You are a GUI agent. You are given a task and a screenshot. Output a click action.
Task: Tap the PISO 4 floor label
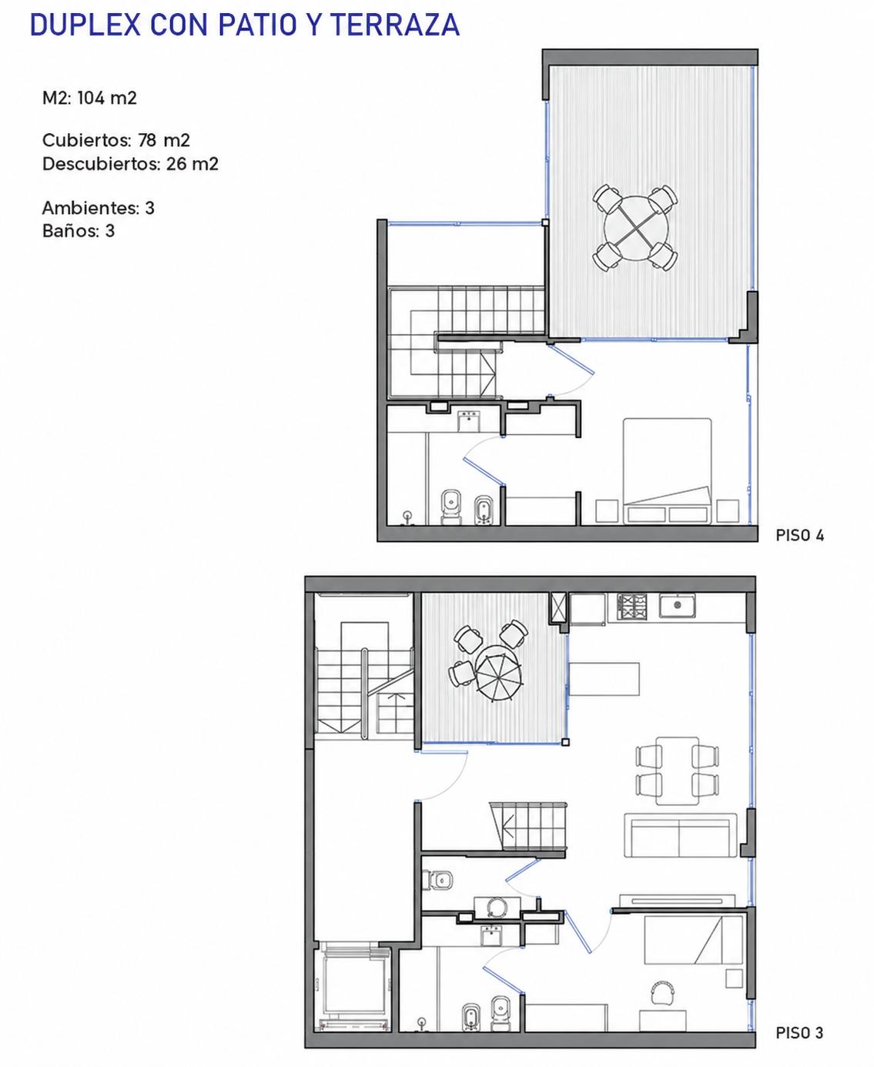[x=799, y=535]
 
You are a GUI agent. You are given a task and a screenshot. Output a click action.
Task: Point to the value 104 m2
[x=107, y=98]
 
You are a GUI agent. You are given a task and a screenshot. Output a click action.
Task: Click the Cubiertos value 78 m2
[x=163, y=140]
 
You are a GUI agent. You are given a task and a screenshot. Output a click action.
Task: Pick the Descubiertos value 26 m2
[x=192, y=164]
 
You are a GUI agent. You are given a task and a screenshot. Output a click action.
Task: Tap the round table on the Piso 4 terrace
[x=635, y=228]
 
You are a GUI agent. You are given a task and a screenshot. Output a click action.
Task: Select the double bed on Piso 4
[x=667, y=470]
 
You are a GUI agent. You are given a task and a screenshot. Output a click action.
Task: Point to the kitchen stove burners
[x=631, y=607]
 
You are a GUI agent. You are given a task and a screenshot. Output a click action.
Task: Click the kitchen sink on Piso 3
[x=677, y=606]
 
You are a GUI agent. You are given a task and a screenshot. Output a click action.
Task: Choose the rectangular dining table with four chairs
[x=678, y=771]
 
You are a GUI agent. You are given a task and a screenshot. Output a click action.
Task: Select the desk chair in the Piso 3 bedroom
[x=663, y=991]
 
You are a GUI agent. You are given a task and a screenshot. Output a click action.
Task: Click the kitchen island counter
[x=604, y=679]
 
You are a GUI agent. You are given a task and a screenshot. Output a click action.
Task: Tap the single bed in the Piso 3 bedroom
[x=693, y=940]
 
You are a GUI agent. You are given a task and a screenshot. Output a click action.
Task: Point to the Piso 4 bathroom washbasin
[x=469, y=421]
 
